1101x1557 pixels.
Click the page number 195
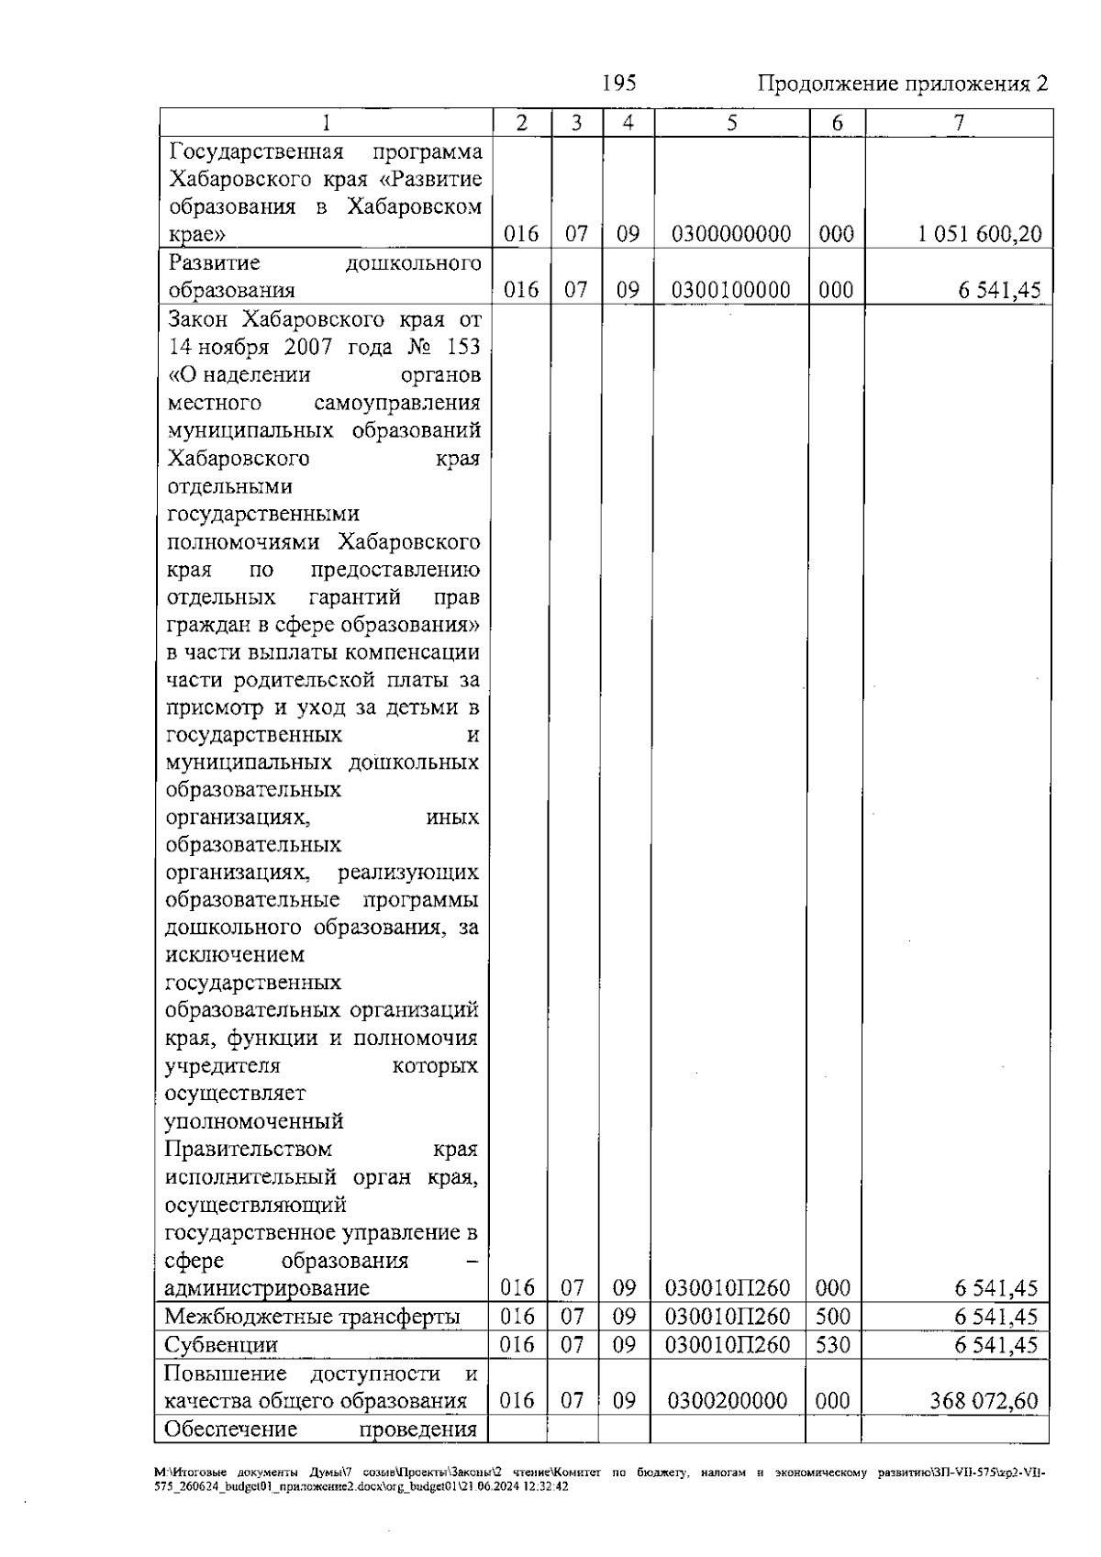click(x=619, y=83)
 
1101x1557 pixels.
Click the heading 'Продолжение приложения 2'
click(x=902, y=84)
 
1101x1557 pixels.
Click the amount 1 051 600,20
click(x=979, y=235)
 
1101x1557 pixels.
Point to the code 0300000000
click(x=731, y=235)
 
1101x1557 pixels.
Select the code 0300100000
click(x=731, y=291)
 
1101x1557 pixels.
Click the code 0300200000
click(x=728, y=1401)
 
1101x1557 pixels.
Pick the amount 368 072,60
click(x=982, y=1401)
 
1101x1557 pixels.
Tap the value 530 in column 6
click(x=833, y=1345)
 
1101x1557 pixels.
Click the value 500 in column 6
click(x=833, y=1318)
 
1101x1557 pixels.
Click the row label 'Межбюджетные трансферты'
click(x=312, y=1318)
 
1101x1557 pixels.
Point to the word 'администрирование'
click(x=267, y=1288)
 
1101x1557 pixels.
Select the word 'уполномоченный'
click(x=254, y=1122)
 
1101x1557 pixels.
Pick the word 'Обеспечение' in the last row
click(x=230, y=1429)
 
